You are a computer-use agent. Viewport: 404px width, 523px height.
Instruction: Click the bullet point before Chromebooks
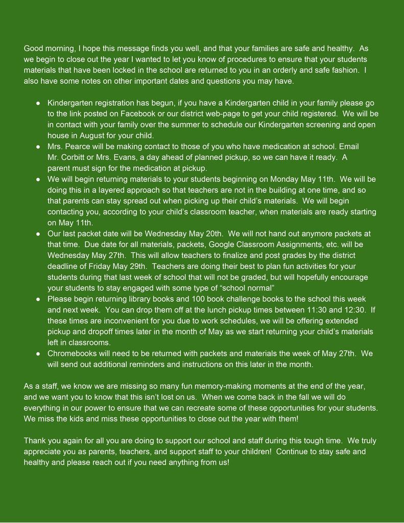[x=38, y=353]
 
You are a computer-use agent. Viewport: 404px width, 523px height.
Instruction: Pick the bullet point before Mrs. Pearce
[x=38, y=146]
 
